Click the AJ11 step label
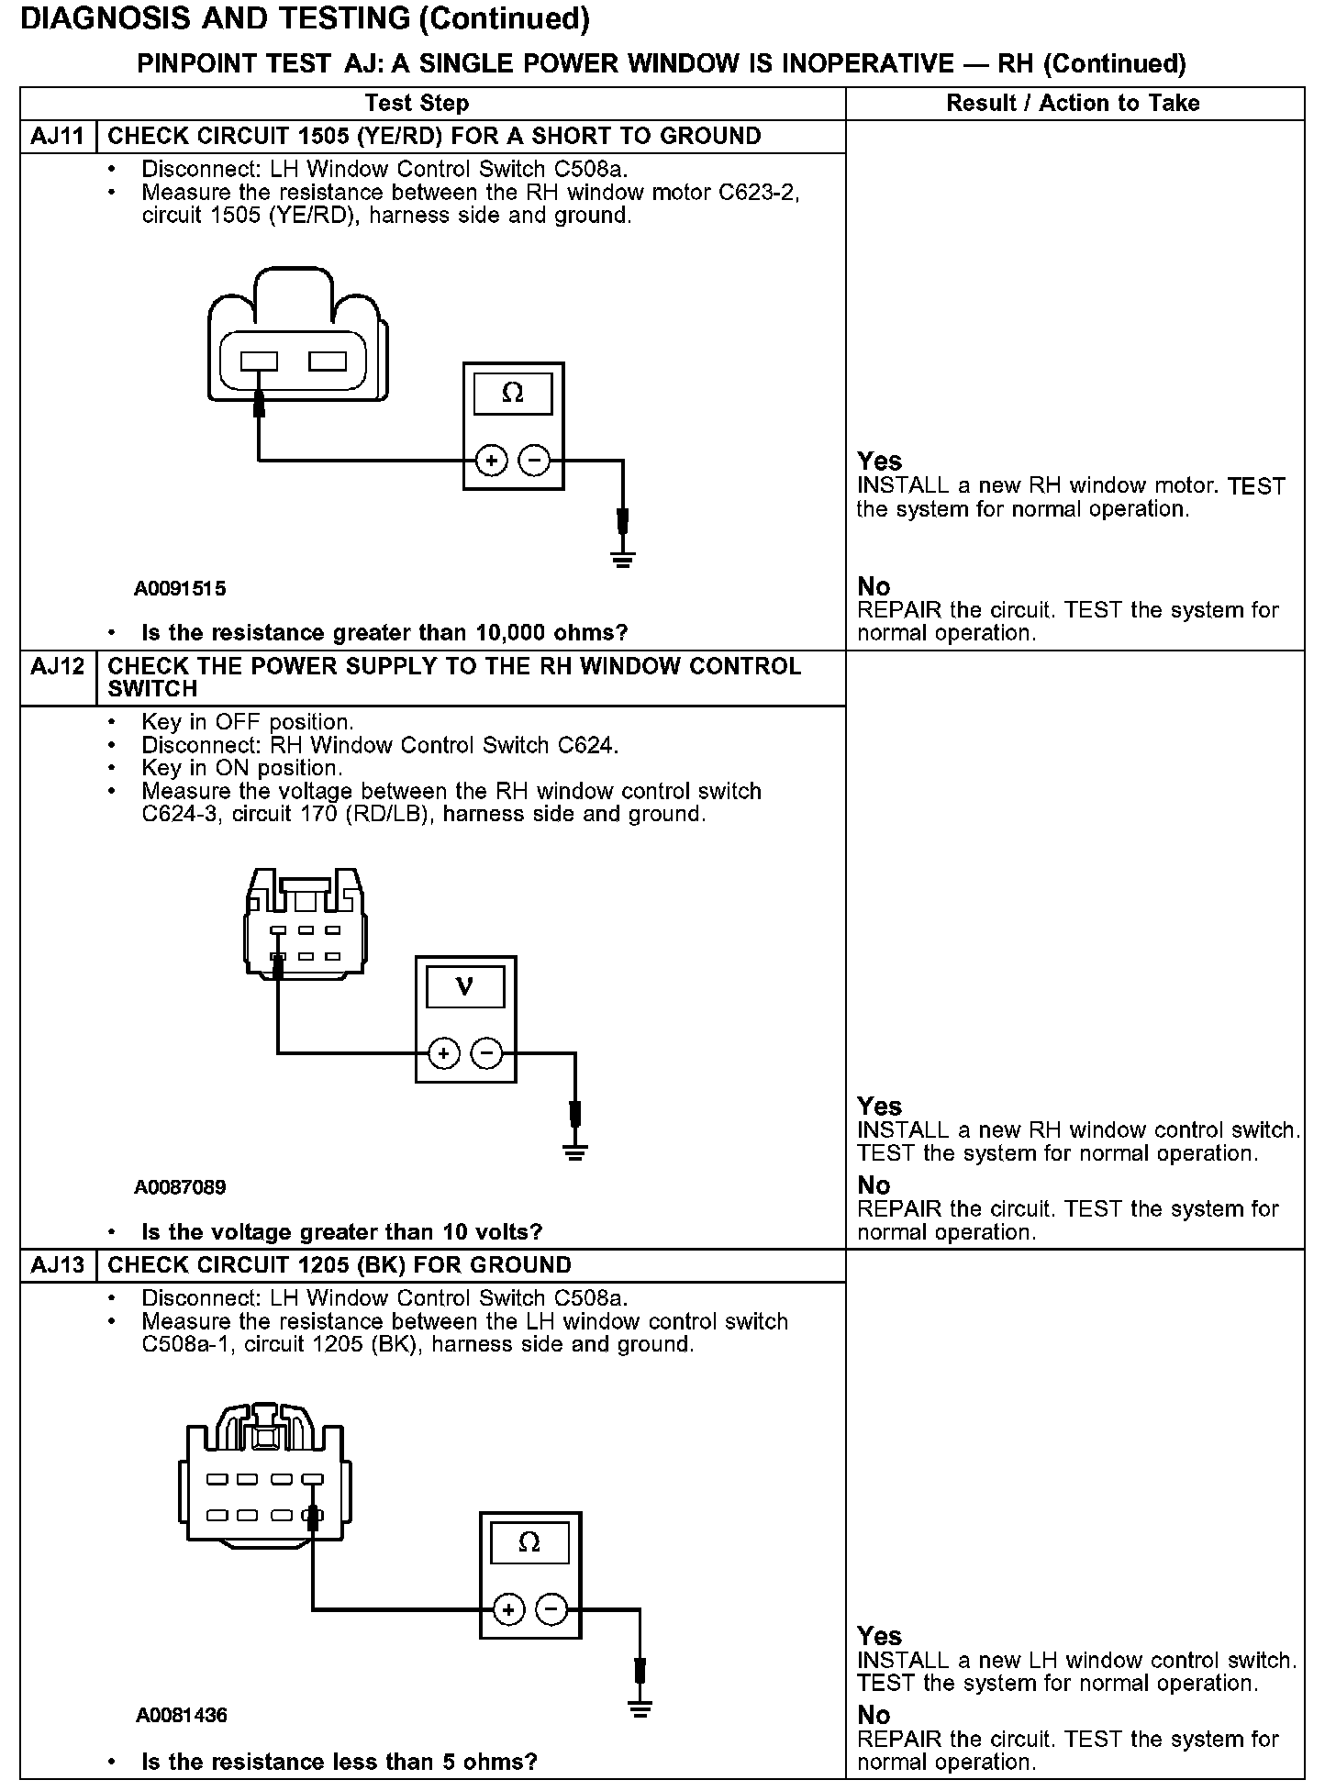pyautogui.click(x=57, y=137)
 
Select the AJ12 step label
pyautogui.click(x=57, y=667)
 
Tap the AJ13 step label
pyautogui.click(x=57, y=1265)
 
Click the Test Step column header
pyautogui.click(x=417, y=103)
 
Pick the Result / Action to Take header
pyautogui.click(x=1073, y=103)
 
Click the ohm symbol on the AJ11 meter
pyautogui.click(x=513, y=394)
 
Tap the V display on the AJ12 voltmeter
pyautogui.click(x=465, y=987)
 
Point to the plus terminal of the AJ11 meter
pyautogui.click(x=492, y=461)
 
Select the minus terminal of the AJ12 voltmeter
pyautogui.click(x=487, y=1053)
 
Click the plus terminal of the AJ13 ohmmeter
pyautogui.click(x=508, y=1608)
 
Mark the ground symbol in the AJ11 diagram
pyautogui.click(x=623, y=560)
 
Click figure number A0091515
pyautogui.click(x=180, y=588)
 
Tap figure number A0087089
pyautogui.click(x=180, y=1187)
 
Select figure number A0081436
pyautogui.click(x=181, y=1715)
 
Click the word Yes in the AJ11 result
pyautogui.click(x=879, y=462)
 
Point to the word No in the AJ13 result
pyautogui.click(x=874, y=1715)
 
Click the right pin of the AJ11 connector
pyautogui.click(x=328, y=362)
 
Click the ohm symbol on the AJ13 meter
pyautogui.click(x=529, y=1542)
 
